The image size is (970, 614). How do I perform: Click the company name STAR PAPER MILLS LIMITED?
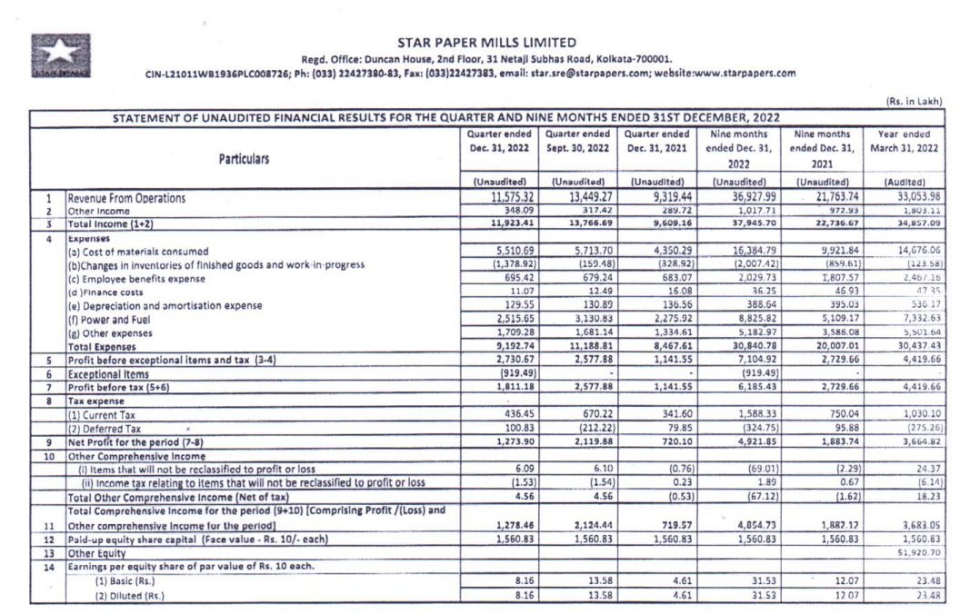coord(486,42)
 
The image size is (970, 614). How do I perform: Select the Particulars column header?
coord(244,158)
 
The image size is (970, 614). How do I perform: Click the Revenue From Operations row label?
coord(127,197)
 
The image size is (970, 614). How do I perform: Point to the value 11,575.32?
coord(497,197)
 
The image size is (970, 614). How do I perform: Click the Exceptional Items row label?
coord(107,373)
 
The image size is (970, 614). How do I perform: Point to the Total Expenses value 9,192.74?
coord(497,346)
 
